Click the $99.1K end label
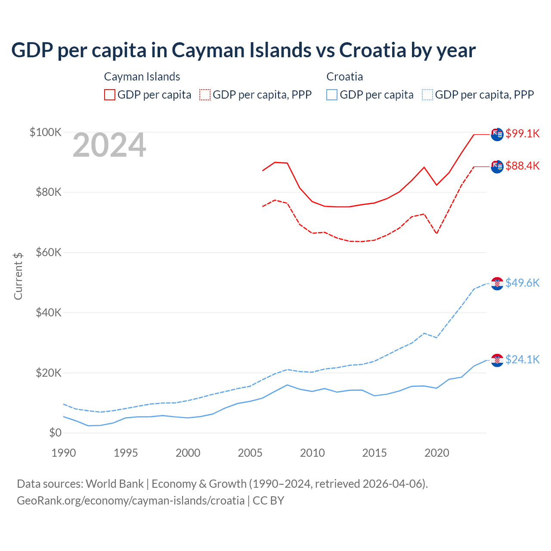(x=522, y=133)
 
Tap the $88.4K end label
(x=522, y=166)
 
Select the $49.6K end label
(x=522, y=283)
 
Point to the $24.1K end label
(x=522, y=359)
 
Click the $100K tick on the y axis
(x=46, y=132)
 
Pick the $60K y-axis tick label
(x=49, y=252)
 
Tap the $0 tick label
(x=55, y=433)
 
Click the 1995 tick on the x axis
(x=126, y=453)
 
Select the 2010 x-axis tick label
(x=312, y=453)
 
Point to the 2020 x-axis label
(x=436, y=453)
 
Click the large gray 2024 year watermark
(x=109, y=145)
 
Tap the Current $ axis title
(x=18, y=276)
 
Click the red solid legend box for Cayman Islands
(x=110, y=95)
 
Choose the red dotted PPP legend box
(x=205, y=95)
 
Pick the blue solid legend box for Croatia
(x=332, y=95)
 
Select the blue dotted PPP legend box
(x=427, y=95)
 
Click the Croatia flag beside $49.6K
(x=497, y=284)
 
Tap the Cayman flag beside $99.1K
(x=497, y=134)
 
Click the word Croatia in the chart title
(x=372, y=50)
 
